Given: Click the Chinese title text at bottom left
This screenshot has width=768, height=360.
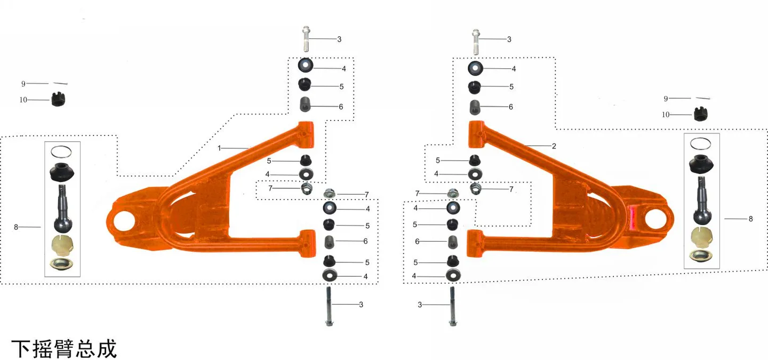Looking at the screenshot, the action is pyautogui.click(x=64, y=349).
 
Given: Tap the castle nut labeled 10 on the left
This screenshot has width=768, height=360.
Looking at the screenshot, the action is pyautogui.click(x=58, y=99).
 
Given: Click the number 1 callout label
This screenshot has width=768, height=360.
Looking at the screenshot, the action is pyautogui.click(x=219, y=148).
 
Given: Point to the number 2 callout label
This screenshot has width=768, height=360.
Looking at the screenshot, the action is pyautogui.click(x=554, y=146).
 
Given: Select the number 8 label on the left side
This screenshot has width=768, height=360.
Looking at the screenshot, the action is pyautogui.click(x=16, y=227).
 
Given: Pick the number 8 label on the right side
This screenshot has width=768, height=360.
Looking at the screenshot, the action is pyautogui.click(x=750, y=219).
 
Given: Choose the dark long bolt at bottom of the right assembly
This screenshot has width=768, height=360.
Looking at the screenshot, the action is pyautogui.click(x=453, y=306).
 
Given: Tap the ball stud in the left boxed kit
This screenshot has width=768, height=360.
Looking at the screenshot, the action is pyautogui.click(x=63, y=209).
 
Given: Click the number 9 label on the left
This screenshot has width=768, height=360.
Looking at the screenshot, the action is pyautogui.click(x=23, y=84).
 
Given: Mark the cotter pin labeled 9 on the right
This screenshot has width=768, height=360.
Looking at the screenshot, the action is pyautogui.click(x=703, y=98).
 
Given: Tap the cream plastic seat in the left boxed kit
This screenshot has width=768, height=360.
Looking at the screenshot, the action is pyautogui.click(x=62, y=245).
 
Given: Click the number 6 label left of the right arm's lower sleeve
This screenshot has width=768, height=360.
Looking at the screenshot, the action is pyautogui.click(x=417, y=242).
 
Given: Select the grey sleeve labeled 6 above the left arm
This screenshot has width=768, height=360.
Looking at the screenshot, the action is pyautogui.click(x=305, y=105).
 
